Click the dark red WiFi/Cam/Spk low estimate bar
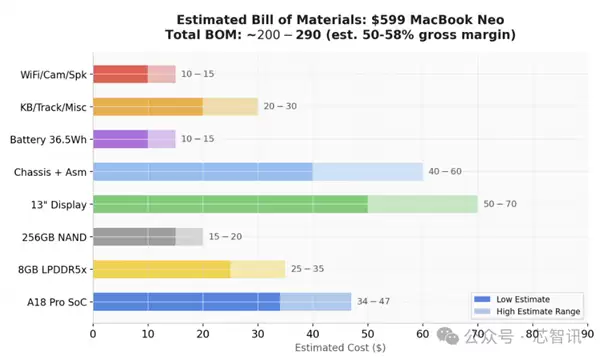(x=120, y=73)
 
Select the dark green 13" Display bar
(x=230, y=204)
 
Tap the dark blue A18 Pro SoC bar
(x=186, y=302)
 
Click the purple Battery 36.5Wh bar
(x=120, y=139)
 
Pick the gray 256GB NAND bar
(x=134, y=237)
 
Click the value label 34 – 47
(x=373, y=302)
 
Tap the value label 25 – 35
(x=307, y=269)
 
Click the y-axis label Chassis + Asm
(x=50, y=172)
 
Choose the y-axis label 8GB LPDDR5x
(x=50, y=269)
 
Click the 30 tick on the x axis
(x=258, y=334)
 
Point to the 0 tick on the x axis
(x=93, y=334)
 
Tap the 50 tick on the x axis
(x=368, y=334)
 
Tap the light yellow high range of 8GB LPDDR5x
(x=258, y=269)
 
